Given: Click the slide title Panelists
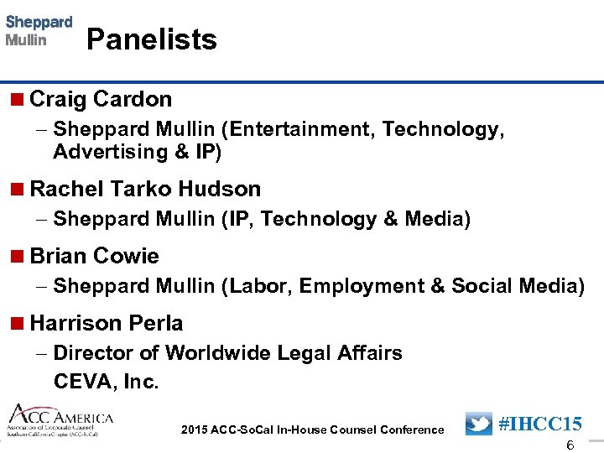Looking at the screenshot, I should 151,39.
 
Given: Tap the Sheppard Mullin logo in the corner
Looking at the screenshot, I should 39,31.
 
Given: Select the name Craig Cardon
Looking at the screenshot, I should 101,99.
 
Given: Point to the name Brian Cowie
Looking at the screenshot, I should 94,256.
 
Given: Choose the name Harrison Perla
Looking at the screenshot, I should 106,323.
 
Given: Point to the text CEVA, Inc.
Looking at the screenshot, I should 106,382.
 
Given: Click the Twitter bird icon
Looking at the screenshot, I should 478,424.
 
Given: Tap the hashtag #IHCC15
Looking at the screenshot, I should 540,424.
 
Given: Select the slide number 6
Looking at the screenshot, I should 570,445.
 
